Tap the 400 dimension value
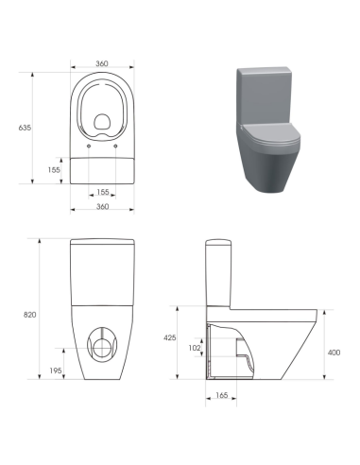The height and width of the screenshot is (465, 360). [x=334, y=352]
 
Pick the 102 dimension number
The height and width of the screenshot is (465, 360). [x=196, y=348]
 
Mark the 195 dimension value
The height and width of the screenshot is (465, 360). [x=57, y=370]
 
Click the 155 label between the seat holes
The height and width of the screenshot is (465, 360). [x=102, y=192]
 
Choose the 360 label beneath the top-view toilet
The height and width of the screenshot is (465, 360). [x=102, y=208]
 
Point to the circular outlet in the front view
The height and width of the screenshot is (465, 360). [x=101, y=346]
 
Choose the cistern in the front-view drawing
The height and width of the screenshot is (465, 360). [x=102, y=274]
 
